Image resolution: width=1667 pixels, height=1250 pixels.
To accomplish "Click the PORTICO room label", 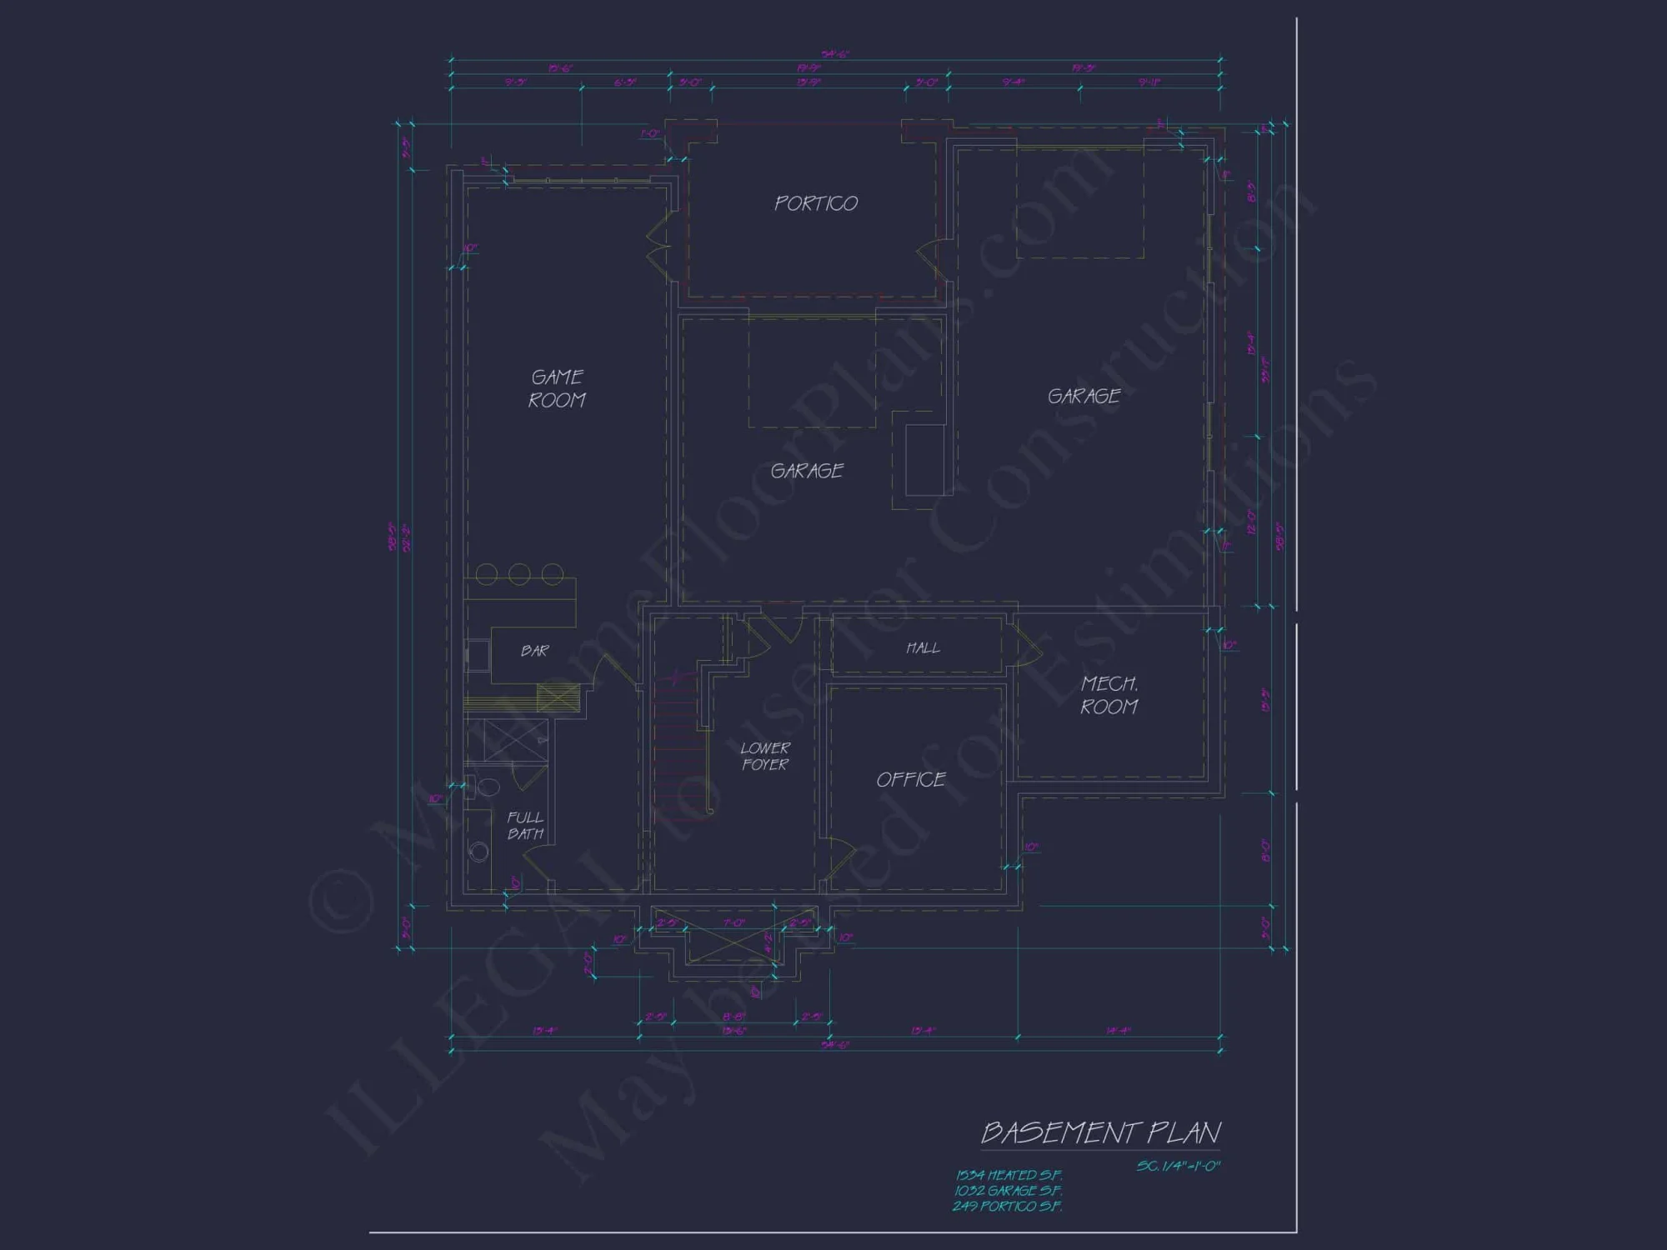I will click(815, 203).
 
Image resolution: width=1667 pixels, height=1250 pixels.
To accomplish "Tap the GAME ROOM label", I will click(557, 389).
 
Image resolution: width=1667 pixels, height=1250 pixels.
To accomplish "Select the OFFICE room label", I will click(910, 780).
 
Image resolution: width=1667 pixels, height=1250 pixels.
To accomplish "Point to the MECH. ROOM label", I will click(1109, 695).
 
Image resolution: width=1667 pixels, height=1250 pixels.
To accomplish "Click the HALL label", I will click(923, 647).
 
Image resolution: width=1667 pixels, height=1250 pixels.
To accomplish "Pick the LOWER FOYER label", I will click(764, 756).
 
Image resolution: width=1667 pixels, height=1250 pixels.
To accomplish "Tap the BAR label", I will click(534, 651).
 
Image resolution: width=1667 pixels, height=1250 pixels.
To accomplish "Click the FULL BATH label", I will click(525, 825).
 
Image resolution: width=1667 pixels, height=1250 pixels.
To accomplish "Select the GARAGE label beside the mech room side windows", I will click(1084, 396).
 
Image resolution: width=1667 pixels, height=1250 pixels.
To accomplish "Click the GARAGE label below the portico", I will click(806, 471).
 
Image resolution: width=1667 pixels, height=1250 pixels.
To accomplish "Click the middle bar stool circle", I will click(519, 573).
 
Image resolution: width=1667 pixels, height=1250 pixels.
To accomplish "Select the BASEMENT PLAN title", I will click(1100, 1132).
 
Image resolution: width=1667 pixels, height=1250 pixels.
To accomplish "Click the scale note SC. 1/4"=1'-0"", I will click(1178, 1166).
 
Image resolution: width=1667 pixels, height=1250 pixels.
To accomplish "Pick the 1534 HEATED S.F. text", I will click(1009, 1175).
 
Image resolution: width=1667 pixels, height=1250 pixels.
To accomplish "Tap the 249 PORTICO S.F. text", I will click(1008, 1206).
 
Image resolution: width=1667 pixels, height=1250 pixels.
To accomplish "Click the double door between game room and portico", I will click(658, 242).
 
